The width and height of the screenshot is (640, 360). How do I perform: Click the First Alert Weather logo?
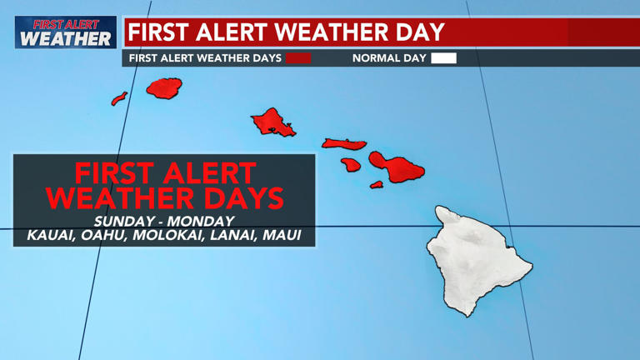tap(65, 32)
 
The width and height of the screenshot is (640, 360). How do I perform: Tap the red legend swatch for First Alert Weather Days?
tap(298, 58)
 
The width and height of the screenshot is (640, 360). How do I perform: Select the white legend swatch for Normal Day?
tap(443, 58)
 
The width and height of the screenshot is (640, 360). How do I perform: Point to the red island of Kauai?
tap(164, 88)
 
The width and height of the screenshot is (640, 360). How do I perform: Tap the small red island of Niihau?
tap(119, 99)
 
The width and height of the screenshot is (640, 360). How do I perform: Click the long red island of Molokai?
tap(344, 143)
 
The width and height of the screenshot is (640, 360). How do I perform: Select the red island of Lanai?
tap(351, 165)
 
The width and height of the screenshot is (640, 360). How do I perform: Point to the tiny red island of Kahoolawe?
tap(377, 184)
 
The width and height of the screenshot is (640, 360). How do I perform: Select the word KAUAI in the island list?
tap(51, 237)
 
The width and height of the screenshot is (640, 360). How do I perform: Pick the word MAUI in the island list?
tap(282, 237)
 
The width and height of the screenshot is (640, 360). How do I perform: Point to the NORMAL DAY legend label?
tap(389, 58)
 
